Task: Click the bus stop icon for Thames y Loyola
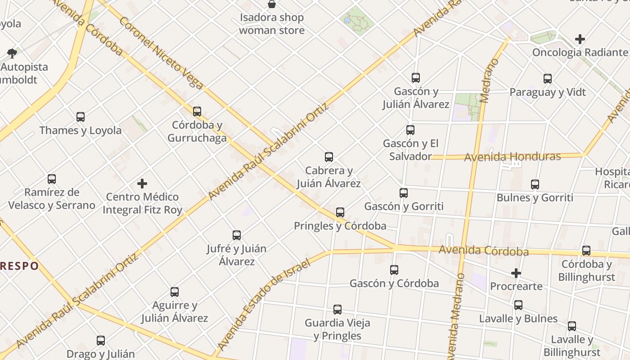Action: [x=81, y=117]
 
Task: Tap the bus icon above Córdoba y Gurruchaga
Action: [x=197, y=111]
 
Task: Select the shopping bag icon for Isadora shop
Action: [x=272, y=4]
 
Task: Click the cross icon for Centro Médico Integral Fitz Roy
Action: [x=142, y=184]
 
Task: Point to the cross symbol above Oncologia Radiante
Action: [x=580, y=39]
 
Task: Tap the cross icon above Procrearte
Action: [x=516, y=273]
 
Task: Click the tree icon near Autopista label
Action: [x=12, y=54]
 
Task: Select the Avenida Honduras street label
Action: [x=512, y=157]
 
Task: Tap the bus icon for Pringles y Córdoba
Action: [x=340, y=212]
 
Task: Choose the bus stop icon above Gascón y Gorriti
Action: [x=404, y=193]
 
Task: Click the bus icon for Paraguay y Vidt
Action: [x=548, y=79]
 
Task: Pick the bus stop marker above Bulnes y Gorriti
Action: [x=535, y=184]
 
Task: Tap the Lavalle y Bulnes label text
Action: [x=518, y=319]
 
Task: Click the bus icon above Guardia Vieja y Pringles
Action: [x=337, y=310]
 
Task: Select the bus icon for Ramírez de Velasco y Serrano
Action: [x=52, y=179]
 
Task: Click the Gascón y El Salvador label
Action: [x=410, y=150]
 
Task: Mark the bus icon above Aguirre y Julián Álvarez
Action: [x=175, y=292]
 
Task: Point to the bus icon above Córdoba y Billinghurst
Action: [x=586, y=251]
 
